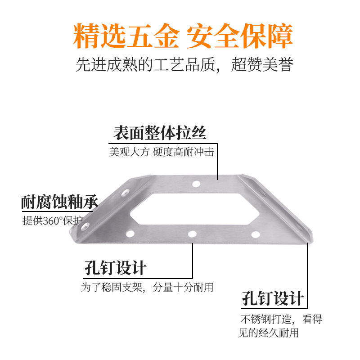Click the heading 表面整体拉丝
(160, 134)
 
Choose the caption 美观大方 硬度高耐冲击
(161, 152)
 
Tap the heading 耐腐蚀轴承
(59, 202)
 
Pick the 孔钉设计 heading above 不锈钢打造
(273, 298)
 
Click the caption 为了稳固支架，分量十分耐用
(147, 287)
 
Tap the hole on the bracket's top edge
(196, 184)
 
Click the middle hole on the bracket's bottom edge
(192, 234)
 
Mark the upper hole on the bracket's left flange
(125, 194)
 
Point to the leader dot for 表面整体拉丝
(218, 180)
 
